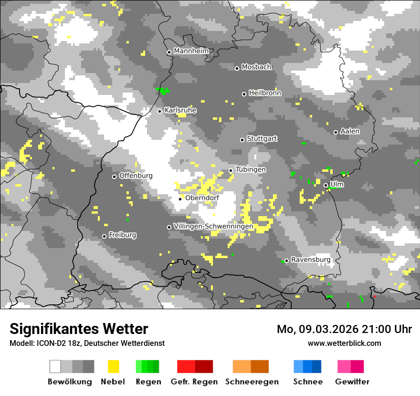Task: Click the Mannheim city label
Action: pyautogui.click(x=191, y=51)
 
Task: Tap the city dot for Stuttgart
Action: pyautogui.click(x=242, y=140)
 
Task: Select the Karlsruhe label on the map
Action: pyautogui.click(x=180, y=110)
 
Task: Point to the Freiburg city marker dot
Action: pyautogui.click(x=104, y=236)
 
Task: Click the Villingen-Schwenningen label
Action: pyautogui.click(x=213, y=226)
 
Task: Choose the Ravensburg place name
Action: pyautogui.click(x=311, y=260)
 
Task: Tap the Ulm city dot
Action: pyautogui.click(x=325, y=185)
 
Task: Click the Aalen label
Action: pyautogui.click(x=350, y=131)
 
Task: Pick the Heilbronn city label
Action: pyautogui.click(x=265, y=93)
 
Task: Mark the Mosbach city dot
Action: pyautogui.click(x=237, y=68)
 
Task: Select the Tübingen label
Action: pyautogui.click(x=251, y=169)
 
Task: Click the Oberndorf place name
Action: pyautogui.click(x=202, y=198)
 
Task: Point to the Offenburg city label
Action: pyautogui.click(x=136, y=176)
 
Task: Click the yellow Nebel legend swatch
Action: pyautogui.click(x=113, y=366)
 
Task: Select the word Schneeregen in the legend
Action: pyautogui.click(x=252, y=382)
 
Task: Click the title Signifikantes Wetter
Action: pyautogui.click(x=79, y=329)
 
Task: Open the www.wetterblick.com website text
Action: pyautogui.click(x=344, y=343)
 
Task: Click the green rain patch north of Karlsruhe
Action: pyautogui.click(x=163, y=90)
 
